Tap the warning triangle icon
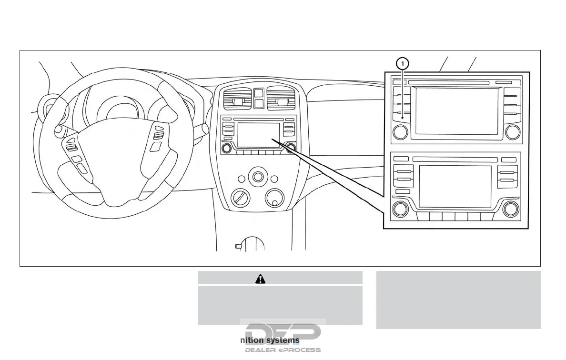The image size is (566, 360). click(260, 280)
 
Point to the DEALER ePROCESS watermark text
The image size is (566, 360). click(283, 350)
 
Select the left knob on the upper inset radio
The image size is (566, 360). click(401, 132)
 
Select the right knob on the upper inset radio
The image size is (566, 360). click(513, 132)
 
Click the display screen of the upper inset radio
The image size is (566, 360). click(456, 111)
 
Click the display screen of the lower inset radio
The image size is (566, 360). click(455, 186)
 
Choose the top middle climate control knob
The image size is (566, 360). click(258, 177)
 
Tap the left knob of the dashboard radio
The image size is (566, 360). click(227, 148)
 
